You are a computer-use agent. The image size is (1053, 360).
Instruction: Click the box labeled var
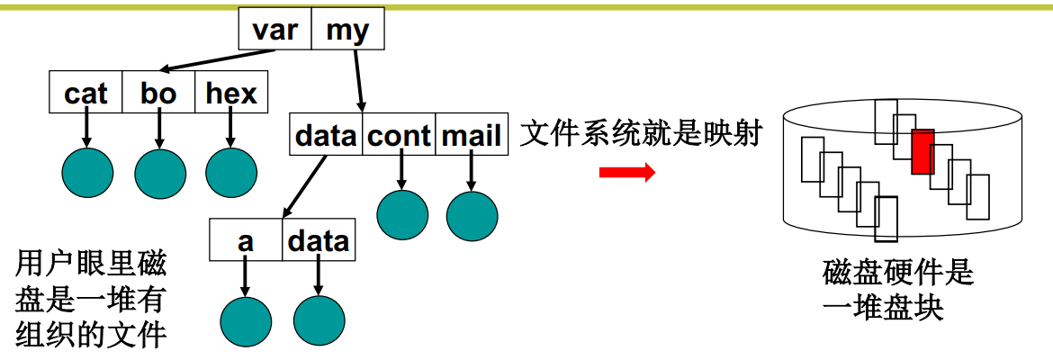[274, 31]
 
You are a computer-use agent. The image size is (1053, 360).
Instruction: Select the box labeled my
[347, 31]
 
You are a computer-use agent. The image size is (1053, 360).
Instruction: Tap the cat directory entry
[86, 93]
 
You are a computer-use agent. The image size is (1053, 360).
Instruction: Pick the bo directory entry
[159, 93]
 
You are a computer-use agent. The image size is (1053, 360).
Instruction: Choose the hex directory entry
[231, 93]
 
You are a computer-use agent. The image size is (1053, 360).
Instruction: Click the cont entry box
[400, 135]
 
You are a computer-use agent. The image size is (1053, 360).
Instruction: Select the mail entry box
[472, 135]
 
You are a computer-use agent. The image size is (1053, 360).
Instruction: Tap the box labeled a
[246, 240]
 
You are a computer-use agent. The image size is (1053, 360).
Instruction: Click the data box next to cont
[327, 135]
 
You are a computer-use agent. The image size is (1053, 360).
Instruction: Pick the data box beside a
[318, 240]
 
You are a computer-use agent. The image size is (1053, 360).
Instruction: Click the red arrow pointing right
[627, 172]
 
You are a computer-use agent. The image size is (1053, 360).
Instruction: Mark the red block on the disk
[922, 151]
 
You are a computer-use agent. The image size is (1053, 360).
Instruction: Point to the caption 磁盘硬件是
[897, 272]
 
